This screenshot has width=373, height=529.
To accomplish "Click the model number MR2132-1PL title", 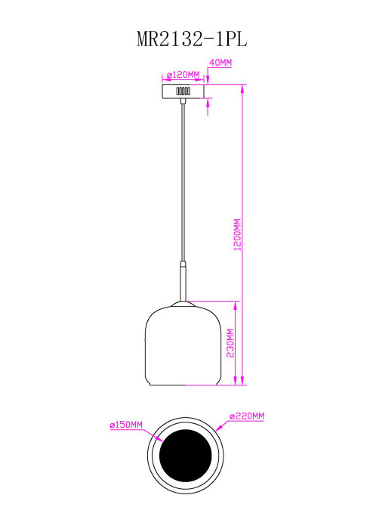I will point(186,39).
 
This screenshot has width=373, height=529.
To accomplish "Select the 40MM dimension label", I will point(220,63).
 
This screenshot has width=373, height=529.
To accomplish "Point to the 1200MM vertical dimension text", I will point(237,236).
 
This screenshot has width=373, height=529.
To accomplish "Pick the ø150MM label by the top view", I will point(127,425).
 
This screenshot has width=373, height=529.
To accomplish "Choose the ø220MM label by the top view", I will point(246,416).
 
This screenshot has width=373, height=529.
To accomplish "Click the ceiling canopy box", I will point(182,91).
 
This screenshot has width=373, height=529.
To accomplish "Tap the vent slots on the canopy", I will point(183,91).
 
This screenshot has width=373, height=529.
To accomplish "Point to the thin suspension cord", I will point(182,181).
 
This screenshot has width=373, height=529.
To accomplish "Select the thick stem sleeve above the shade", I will point(182,280).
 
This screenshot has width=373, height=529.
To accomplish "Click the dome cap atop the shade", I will point(182,304).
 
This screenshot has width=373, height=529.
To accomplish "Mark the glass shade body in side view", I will point(182,344).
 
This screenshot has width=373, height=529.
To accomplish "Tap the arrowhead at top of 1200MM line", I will point(242,88).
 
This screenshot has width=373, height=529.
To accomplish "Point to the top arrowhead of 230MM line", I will point(236,305).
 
